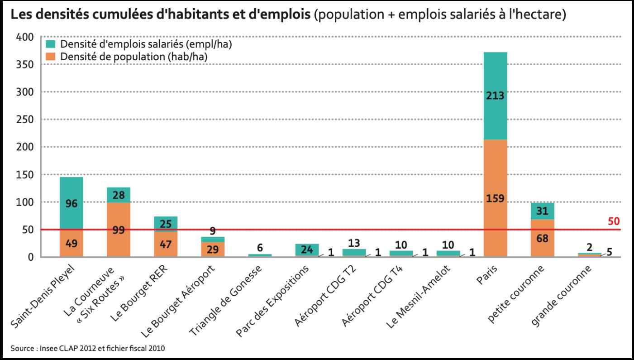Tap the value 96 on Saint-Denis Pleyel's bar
tap(71, 204)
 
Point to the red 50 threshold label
tap(613, 221)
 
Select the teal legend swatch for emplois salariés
tap(50, 44)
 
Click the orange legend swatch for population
tap(50, 56)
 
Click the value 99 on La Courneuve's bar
tap(118, 230)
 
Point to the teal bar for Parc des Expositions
tap(307, 250)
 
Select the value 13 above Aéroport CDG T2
tap(354, 243)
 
